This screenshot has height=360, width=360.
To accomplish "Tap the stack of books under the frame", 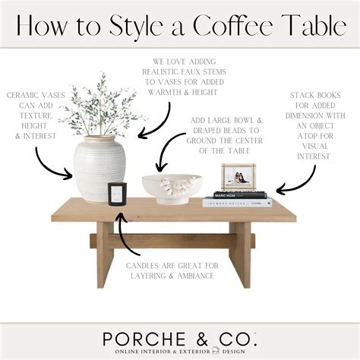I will tap(237, 199).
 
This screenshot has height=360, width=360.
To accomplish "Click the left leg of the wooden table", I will tap(105, 254).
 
